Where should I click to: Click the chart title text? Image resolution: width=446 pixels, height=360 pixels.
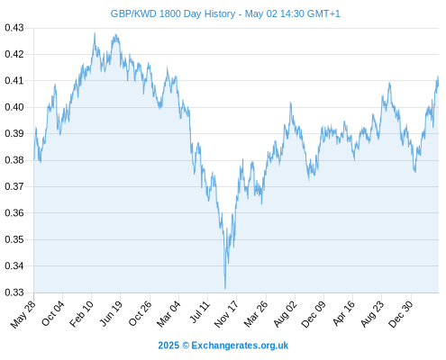tap(225, 13)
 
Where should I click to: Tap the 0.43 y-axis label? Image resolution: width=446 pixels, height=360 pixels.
tap(14, 28)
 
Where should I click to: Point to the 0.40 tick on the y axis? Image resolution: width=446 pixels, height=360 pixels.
tap(14, 107)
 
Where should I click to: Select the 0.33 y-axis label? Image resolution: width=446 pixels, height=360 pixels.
tap(14, 292)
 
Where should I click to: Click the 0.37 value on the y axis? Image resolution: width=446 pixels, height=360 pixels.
tap(14, 186)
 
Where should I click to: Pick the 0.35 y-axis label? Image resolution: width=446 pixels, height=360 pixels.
tap(14, 239)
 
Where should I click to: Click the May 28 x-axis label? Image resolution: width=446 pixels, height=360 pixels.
tap(23, 314)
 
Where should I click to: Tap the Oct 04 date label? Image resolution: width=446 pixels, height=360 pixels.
tap(53, 313)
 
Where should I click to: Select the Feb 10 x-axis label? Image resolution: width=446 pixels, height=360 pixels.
tap(82, 314)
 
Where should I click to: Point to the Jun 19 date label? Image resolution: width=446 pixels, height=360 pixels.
tap(111, 313)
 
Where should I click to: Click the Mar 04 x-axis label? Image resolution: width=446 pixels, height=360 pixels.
tap(168, 314)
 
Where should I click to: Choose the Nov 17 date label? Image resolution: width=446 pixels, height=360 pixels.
tap(226, 314)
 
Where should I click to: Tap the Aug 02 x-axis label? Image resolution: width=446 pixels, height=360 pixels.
tap(286, 314)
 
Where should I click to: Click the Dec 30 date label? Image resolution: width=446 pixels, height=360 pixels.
tap(401, 314)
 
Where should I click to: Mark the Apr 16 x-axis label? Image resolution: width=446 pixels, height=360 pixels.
tap(343, 313)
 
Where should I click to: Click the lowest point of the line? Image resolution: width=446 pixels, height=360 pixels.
tap(225, 289)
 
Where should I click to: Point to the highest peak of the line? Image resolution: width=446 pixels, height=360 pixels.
tap(95, 33)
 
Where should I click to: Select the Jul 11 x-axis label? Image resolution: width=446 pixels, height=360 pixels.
tap(199, 312)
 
